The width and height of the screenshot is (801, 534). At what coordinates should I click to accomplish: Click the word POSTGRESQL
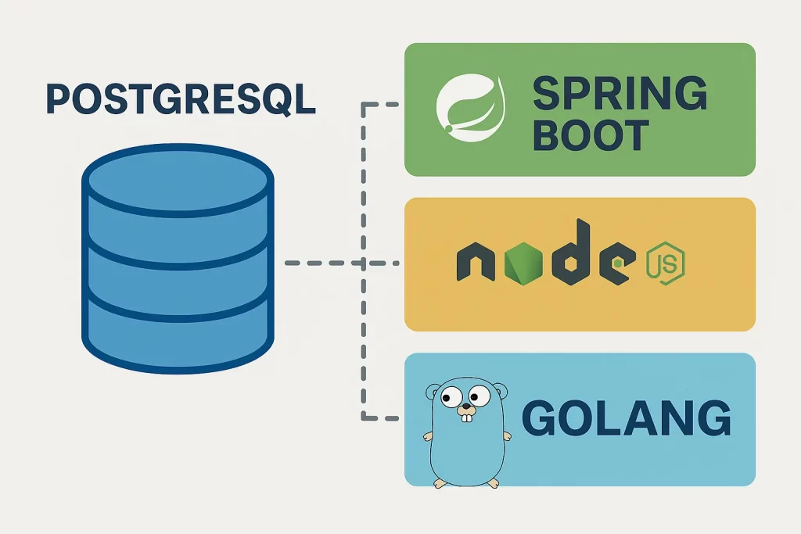(x=181, y=99)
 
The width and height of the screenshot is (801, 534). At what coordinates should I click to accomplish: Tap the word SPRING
(x=620, y=95)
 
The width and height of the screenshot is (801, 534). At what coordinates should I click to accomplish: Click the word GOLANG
(x=626, y=419)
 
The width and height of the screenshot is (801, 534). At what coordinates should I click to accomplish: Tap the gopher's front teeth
(x=467, y=418)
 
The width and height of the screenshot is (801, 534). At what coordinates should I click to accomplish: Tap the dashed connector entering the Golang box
(x=383, y=419)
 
